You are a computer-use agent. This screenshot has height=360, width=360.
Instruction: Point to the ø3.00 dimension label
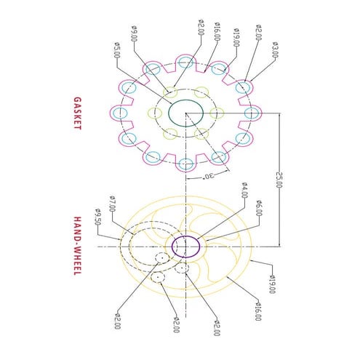(275, 49)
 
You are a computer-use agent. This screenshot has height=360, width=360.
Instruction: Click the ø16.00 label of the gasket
(217, 33)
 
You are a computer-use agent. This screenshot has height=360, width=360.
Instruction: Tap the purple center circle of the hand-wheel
(185, 247)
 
